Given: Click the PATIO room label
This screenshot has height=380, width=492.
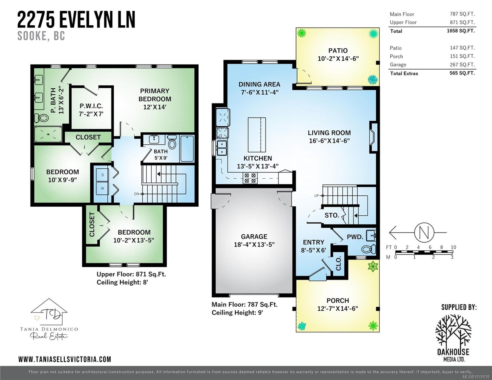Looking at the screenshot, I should coord(338,51).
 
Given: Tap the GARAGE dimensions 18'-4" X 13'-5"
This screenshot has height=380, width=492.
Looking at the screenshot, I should coord(254,244).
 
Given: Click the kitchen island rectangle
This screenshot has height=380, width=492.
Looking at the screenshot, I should coord(257,135).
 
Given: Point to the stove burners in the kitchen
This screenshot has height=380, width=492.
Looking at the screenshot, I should coord(249,178).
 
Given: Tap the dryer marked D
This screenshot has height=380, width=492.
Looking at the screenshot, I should coord(102,175).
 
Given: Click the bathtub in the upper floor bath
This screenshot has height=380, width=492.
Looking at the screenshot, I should coord(187,149).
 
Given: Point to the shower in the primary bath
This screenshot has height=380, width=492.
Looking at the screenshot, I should coord(48,134).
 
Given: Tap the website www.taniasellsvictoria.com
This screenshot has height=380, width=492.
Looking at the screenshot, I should coord(65,359).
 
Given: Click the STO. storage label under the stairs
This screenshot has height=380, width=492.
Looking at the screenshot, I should coord(332,215).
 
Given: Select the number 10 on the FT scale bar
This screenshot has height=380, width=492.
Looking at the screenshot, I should coord(453,247).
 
